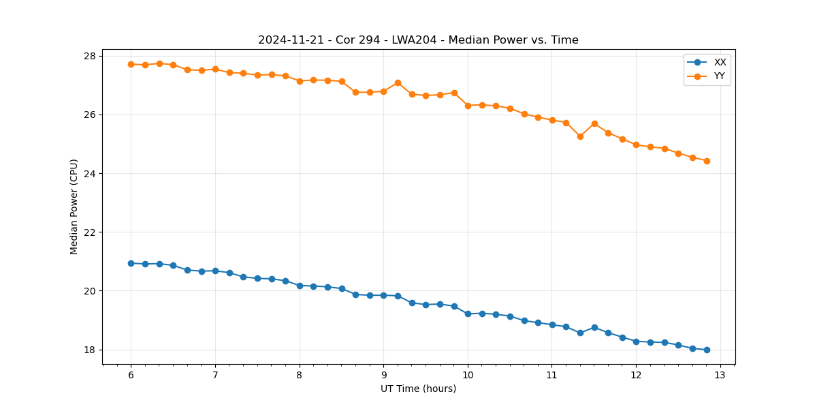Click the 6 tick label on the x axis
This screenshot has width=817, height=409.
[131, 376]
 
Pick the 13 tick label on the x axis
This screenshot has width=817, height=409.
[720, 376]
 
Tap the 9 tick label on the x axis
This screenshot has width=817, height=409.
[383, 376]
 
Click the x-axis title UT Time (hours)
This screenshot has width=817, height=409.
[418, 389]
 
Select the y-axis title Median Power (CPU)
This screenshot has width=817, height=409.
[74, 207]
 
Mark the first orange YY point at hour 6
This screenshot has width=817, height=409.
[131, 64]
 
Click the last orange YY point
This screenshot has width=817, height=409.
[707, 161]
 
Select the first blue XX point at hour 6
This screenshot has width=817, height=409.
[131, 263]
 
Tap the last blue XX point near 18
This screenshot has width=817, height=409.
[707, 350]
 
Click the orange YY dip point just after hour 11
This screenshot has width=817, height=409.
[580, 136]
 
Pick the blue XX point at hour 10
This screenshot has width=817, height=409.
[468, 314]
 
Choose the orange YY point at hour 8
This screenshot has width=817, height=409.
[300, 81]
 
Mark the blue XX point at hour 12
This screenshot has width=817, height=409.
[636, 341]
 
